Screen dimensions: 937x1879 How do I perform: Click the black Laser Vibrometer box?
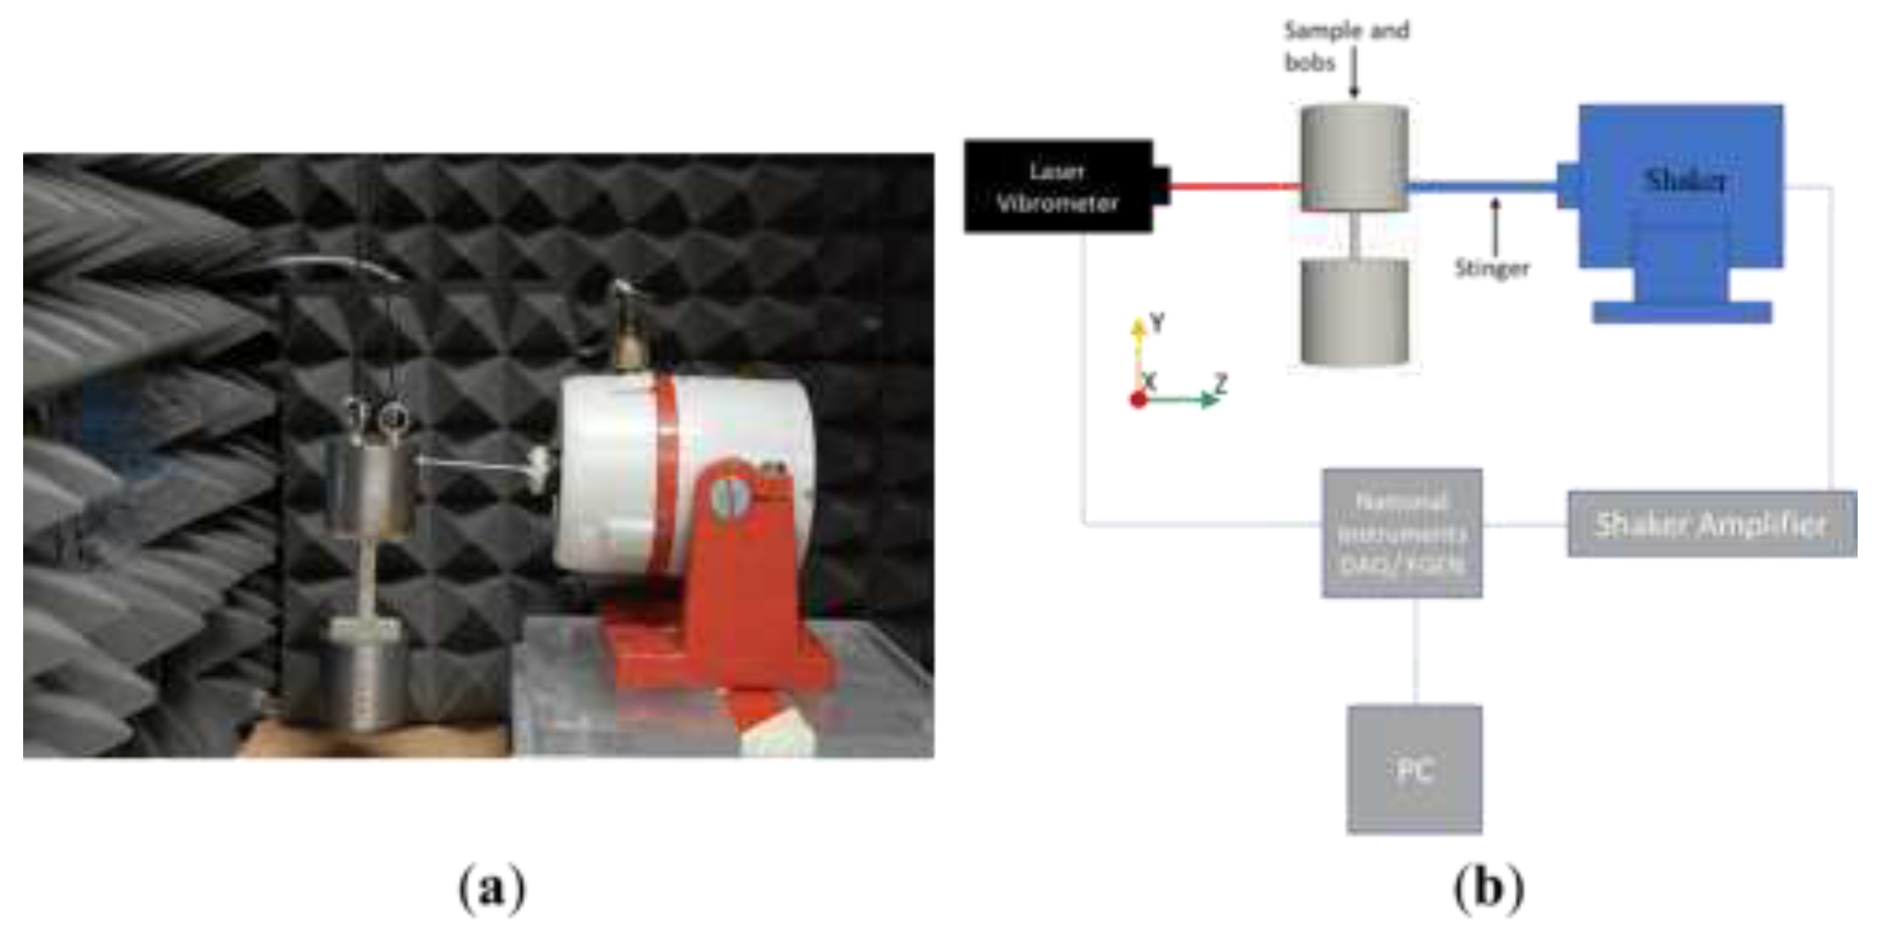1058,187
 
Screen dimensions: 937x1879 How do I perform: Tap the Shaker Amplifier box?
1711,524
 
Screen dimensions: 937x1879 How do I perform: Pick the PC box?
1414,769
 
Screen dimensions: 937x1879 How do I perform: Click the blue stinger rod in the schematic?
1481,187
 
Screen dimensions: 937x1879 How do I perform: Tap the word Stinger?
1491,268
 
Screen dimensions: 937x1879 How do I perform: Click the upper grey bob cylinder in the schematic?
1354,157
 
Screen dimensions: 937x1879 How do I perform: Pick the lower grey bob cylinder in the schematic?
1354,312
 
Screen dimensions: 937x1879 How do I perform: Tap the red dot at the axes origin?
1138,400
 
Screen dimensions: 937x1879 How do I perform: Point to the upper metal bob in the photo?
369,485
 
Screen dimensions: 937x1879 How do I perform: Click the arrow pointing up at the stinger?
1496,226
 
